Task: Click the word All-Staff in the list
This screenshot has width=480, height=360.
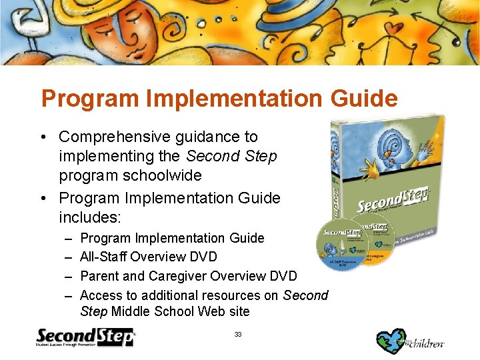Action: click(x=103, y=257)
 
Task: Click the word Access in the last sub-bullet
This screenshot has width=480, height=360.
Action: click(x=100, y=295)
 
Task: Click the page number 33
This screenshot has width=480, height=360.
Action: click(x=238, y=333)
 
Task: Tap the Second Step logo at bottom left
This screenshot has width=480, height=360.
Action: click(x=85, y=337)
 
